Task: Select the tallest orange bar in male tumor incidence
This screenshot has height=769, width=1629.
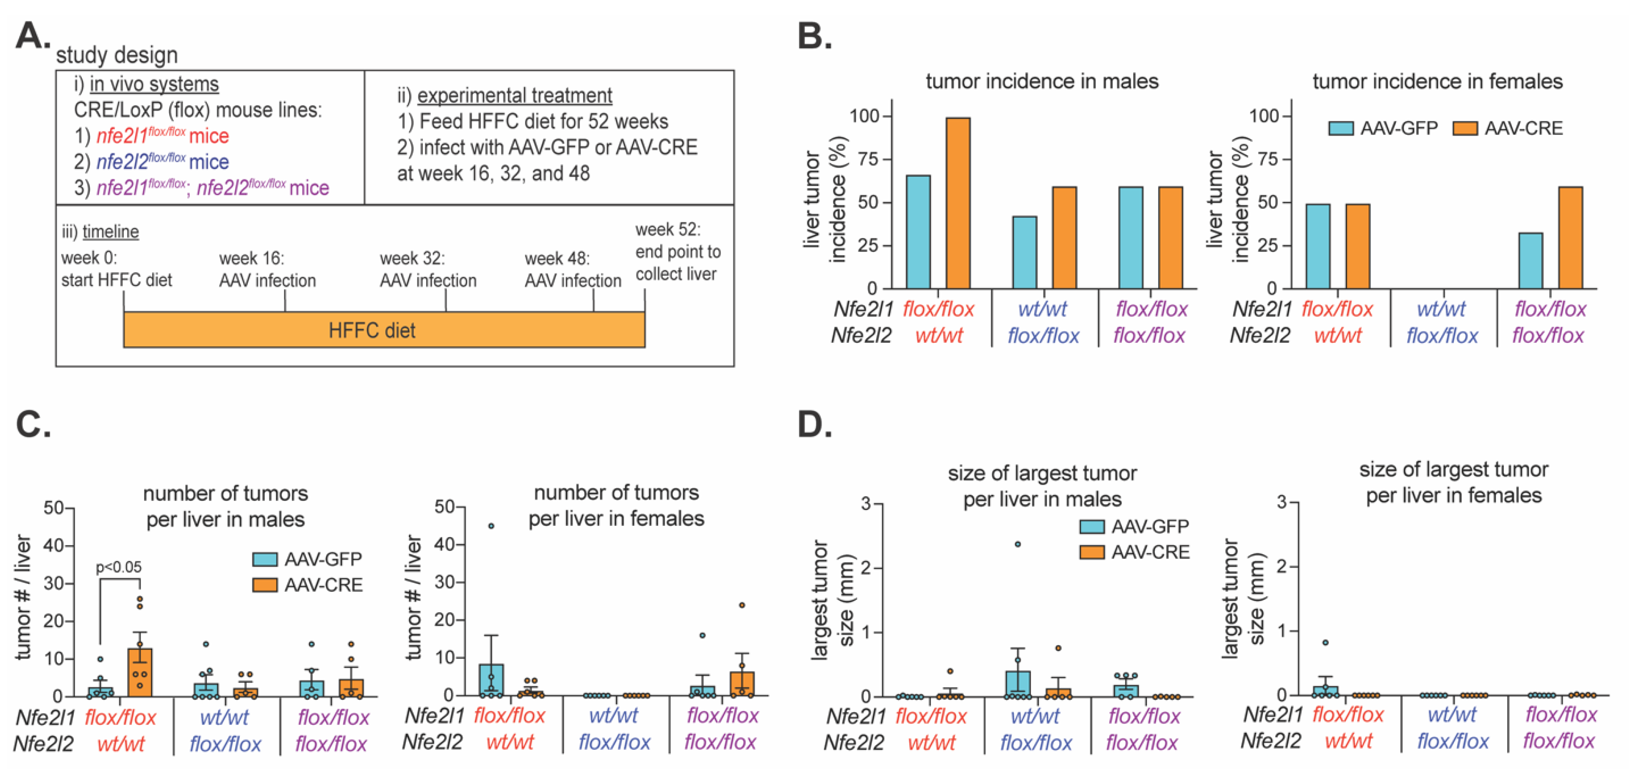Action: (x=958, y=202)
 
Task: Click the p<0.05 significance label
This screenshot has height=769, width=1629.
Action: (x=119, y=567)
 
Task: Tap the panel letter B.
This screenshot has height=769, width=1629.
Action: (x=814, y=37)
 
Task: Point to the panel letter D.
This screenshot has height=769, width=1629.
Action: (x=814, y=425)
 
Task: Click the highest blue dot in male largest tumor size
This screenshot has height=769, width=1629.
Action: (x=1018, y=544)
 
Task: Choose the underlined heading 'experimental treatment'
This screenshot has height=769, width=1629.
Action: (x=514, y=95)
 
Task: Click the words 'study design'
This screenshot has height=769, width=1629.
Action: (x=117, y=55)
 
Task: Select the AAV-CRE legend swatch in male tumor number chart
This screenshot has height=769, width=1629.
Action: (x=265, y=585)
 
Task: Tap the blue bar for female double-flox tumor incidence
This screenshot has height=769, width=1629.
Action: (x=1530, y=261)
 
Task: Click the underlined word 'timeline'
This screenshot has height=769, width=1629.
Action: (x=111, y=231)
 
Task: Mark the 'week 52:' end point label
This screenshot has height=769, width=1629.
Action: (x=668, y=229)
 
